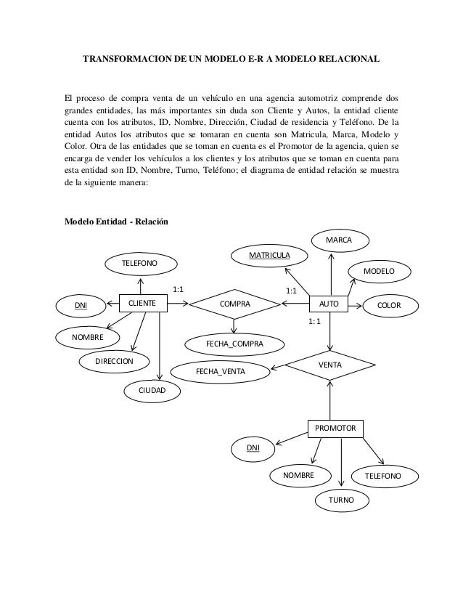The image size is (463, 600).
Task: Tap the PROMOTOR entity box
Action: coord(335,429)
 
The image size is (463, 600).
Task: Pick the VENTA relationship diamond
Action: coord(330,363)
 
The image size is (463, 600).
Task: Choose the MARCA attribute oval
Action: coord(339,240)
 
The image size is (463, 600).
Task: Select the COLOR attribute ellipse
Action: coord(390,306)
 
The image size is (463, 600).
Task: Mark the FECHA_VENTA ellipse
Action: coord(221,372)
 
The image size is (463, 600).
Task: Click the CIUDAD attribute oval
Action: coord(152,391)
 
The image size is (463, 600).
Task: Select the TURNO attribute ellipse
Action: coord(341,500)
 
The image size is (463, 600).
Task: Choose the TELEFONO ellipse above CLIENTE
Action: coord(139,262)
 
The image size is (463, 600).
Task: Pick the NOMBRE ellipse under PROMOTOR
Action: coord(298,475)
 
